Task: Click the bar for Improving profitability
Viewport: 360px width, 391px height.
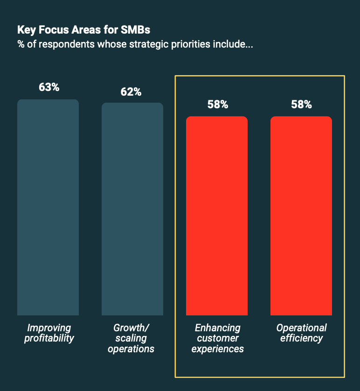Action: pyautogui.click(x=48, y=207)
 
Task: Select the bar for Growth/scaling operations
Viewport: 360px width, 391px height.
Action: pyautogui.click(x=132, y=209)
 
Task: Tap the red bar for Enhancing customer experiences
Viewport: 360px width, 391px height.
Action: pyautogui.click(x=217, y=216)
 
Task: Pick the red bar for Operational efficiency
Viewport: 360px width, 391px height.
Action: pyautogui.click(x=301, y=216)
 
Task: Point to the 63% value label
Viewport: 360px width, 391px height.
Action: pyautogui.click(x=49, y=87)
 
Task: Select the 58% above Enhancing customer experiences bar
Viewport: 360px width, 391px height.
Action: pyautogui.click(x=218, y=105)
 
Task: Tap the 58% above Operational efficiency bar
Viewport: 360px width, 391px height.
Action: pyautogui.click(x=301, y=105)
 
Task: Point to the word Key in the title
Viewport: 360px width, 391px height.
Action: pyautogui.click(x=27, y=30)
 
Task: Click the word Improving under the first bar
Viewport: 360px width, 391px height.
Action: pyautogui.click(x=49, y=328)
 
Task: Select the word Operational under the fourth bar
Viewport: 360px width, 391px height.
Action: pyautogui.click(x=302, y=328)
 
